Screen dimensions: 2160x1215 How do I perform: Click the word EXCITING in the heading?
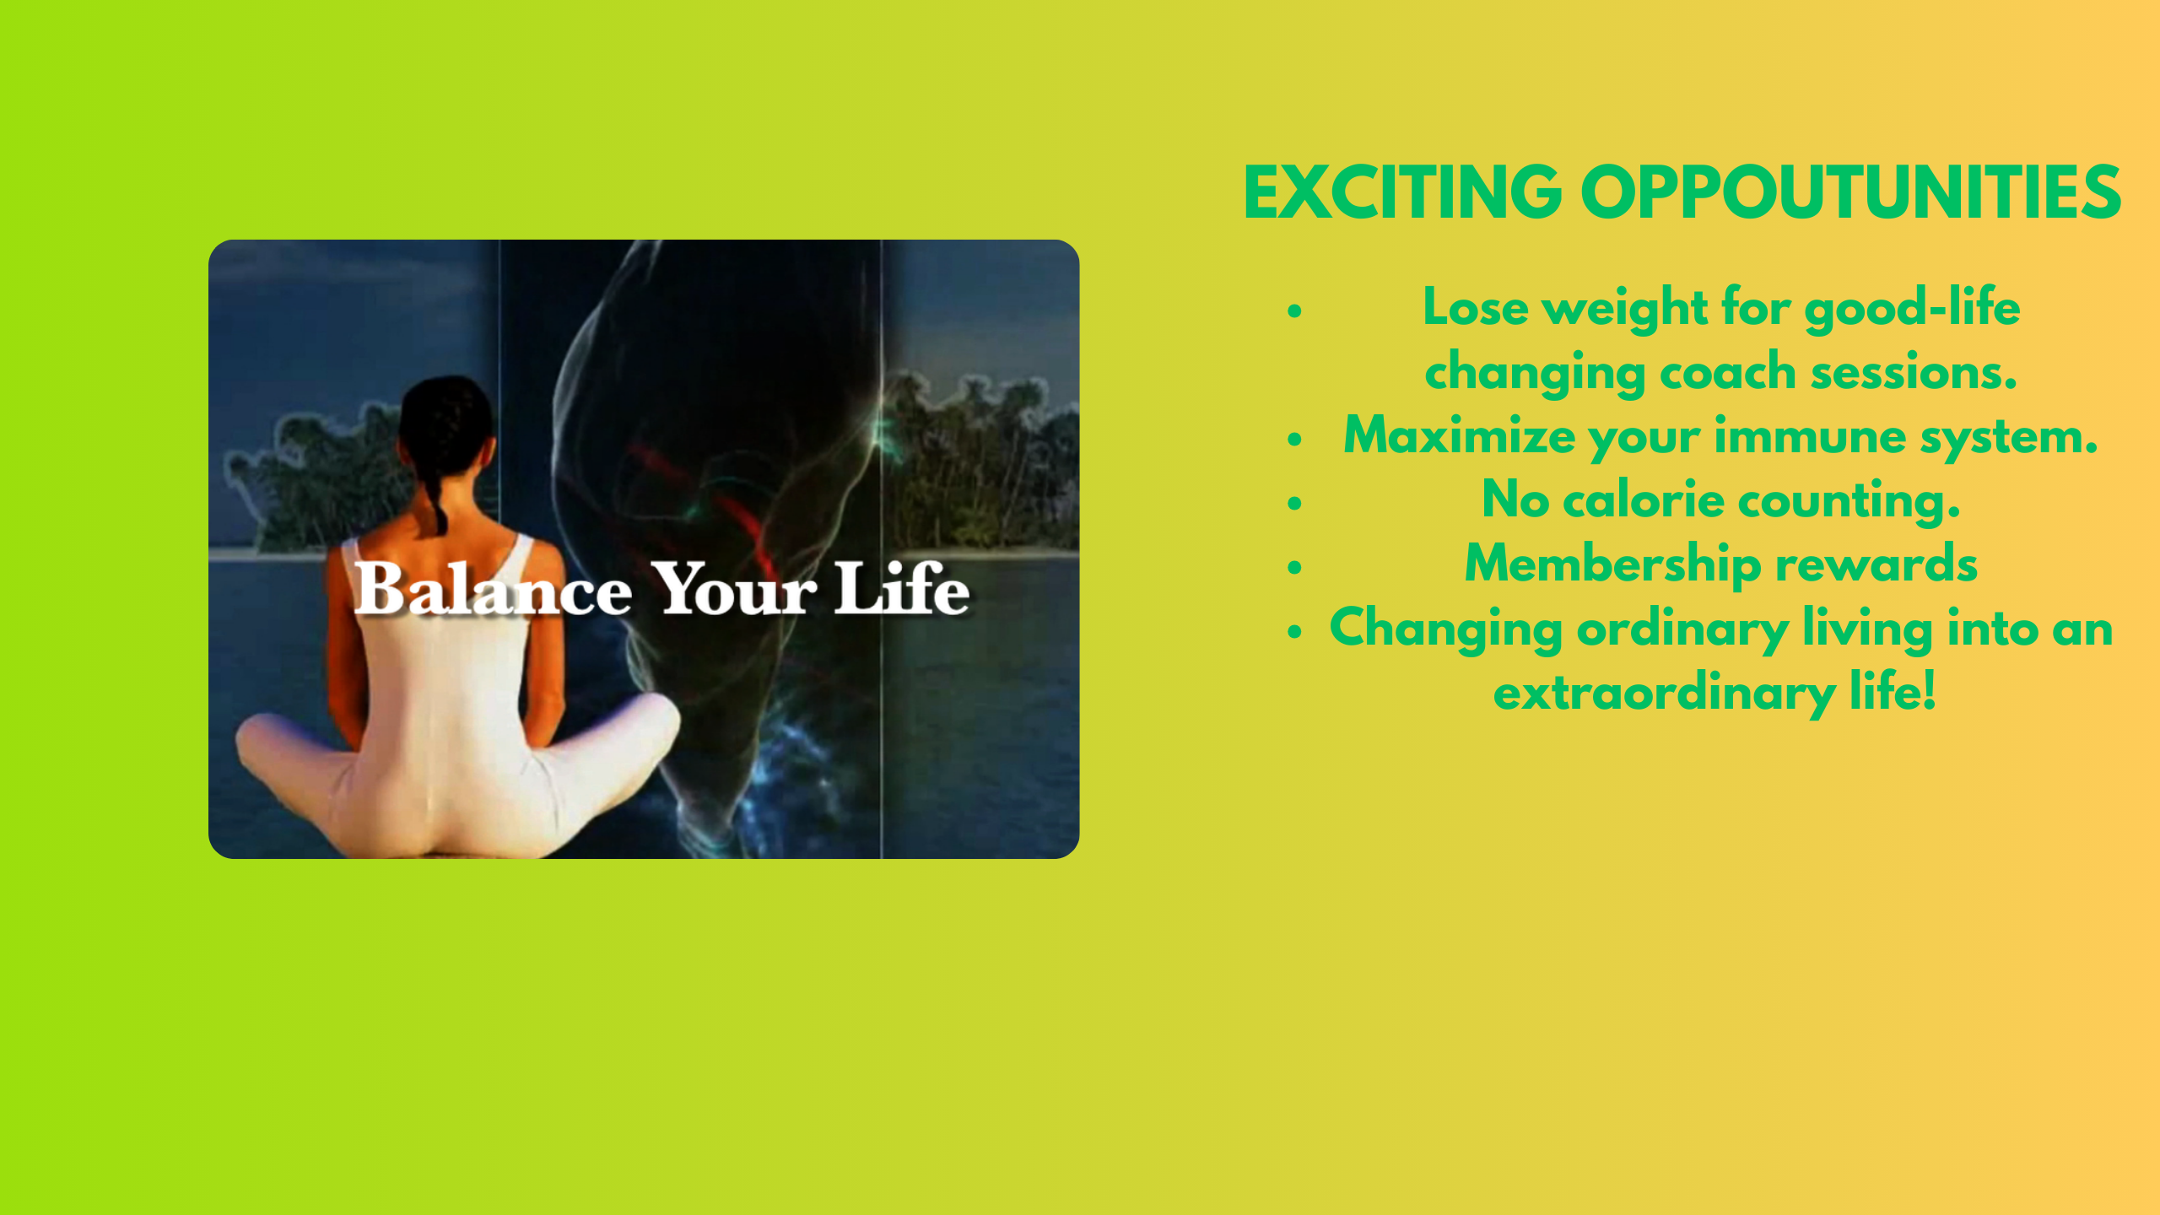tap(1402, 193)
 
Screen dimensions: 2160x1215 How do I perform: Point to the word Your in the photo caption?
tap(734, 588)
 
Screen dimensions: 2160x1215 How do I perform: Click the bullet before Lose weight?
tap(1295, 311)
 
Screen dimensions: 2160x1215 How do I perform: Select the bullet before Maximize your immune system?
tap(1295, 439)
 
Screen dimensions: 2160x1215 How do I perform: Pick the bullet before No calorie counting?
tap(1295, 504)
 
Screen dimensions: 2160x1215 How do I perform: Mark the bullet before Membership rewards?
tap(1295, 567)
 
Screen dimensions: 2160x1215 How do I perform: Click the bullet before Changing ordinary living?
tap(1295, 631)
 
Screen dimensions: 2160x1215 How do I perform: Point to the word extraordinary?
tap(1664, 694)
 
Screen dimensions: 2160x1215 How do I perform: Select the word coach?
tap(1728, 372)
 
